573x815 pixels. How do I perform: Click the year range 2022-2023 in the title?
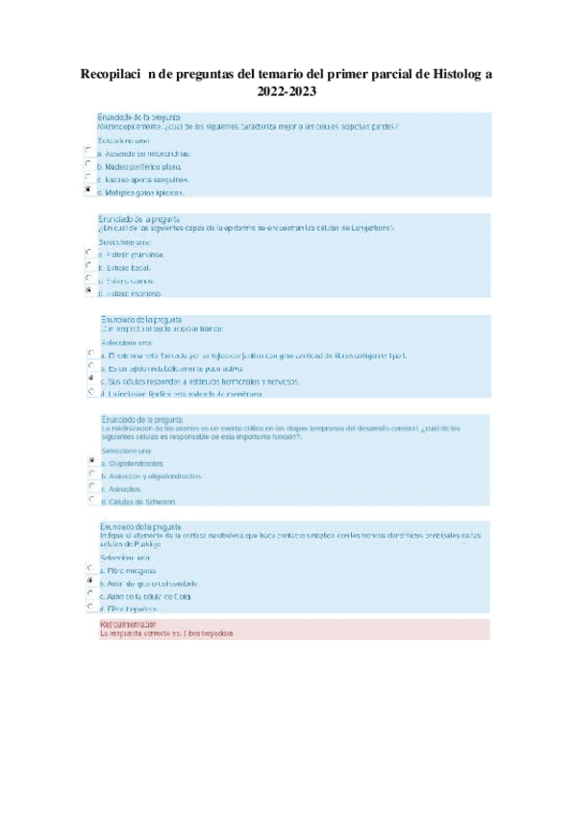click(286, 93)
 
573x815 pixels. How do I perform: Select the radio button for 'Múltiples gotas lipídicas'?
click(88, 190)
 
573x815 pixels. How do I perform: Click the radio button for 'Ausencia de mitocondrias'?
click(88, 151)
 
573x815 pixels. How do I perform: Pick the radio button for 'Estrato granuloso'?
click(88, 253)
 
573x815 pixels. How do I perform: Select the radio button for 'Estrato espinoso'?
click(88, 290)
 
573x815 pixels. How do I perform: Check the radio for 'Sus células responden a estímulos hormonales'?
click(89, 379)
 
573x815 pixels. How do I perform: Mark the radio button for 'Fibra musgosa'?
click(89, 568)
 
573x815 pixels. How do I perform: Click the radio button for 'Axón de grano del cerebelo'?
click(89, 581)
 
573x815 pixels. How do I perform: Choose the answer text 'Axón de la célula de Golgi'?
click(149, 596)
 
